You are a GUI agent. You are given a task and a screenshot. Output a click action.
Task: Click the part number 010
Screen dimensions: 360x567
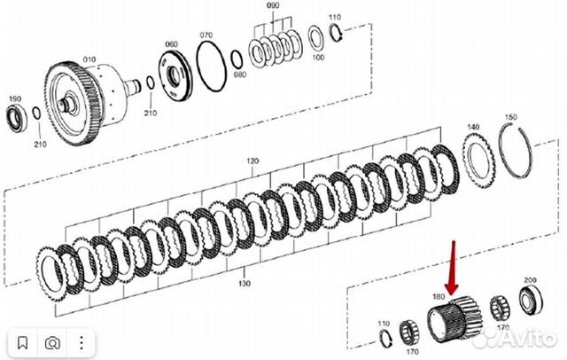coord(89,59)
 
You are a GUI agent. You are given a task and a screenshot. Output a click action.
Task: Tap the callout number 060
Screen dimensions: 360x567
coord(171,43)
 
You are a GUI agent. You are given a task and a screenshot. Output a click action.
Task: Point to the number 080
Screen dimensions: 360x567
coord(239,76)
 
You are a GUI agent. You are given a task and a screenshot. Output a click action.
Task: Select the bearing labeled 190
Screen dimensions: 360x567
coord(17,114)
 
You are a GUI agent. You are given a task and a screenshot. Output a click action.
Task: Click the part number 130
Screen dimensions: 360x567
coord(244,283)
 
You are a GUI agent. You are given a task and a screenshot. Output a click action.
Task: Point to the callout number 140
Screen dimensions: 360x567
coord(473,127)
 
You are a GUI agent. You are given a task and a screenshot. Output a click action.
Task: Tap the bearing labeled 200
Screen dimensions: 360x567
coord(530,301)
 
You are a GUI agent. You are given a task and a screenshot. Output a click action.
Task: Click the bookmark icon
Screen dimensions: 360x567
coord(24,340)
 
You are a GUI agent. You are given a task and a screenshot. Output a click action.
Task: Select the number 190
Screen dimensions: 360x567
coord(14,98)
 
